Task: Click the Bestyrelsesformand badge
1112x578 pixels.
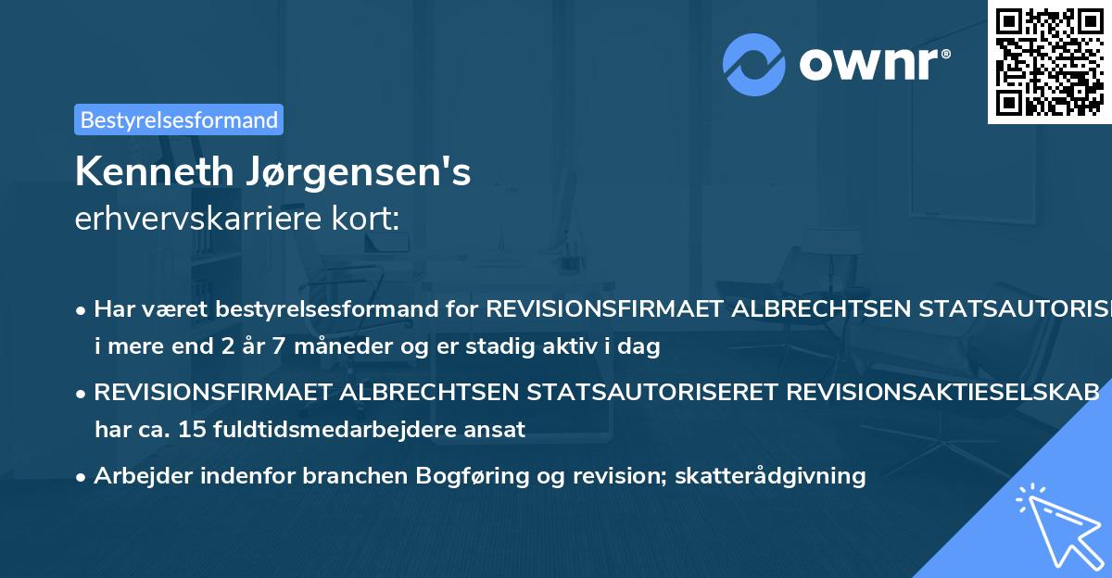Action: (x=178, y=119)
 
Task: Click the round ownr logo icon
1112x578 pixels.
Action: (x=754, y=64)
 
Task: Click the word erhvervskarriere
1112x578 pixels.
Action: (x=192, y=220)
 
